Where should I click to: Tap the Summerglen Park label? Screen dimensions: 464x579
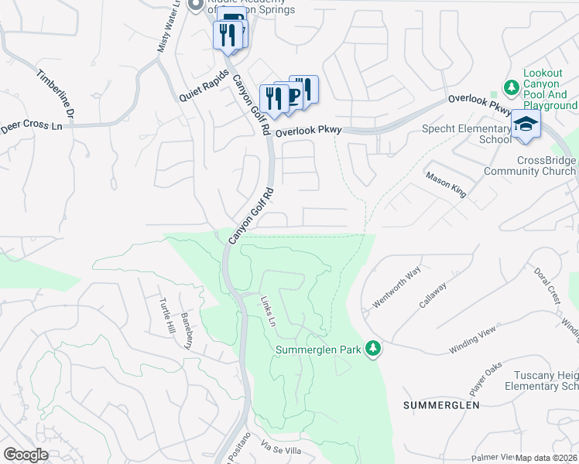(319, 350)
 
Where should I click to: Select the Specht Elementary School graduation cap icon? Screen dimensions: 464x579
(526, 124)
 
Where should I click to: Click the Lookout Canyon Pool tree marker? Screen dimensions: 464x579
(510, 86)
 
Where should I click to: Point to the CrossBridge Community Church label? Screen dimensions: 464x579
(529, 165)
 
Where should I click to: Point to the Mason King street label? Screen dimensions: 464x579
(445, 184)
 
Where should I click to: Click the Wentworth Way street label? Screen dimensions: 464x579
(396, 287)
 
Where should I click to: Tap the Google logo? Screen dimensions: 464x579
(26, 455)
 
